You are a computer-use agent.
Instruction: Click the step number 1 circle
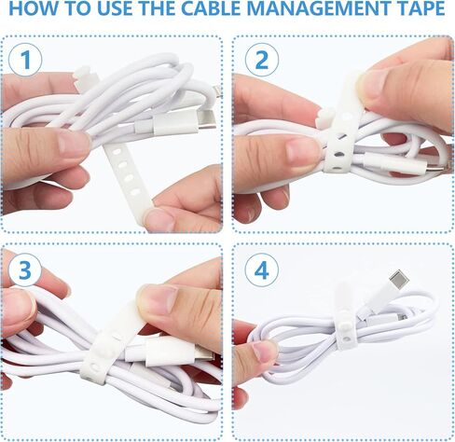click(x=28, y=61)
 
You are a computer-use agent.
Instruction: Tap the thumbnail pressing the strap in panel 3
click(x=157, y=298)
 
